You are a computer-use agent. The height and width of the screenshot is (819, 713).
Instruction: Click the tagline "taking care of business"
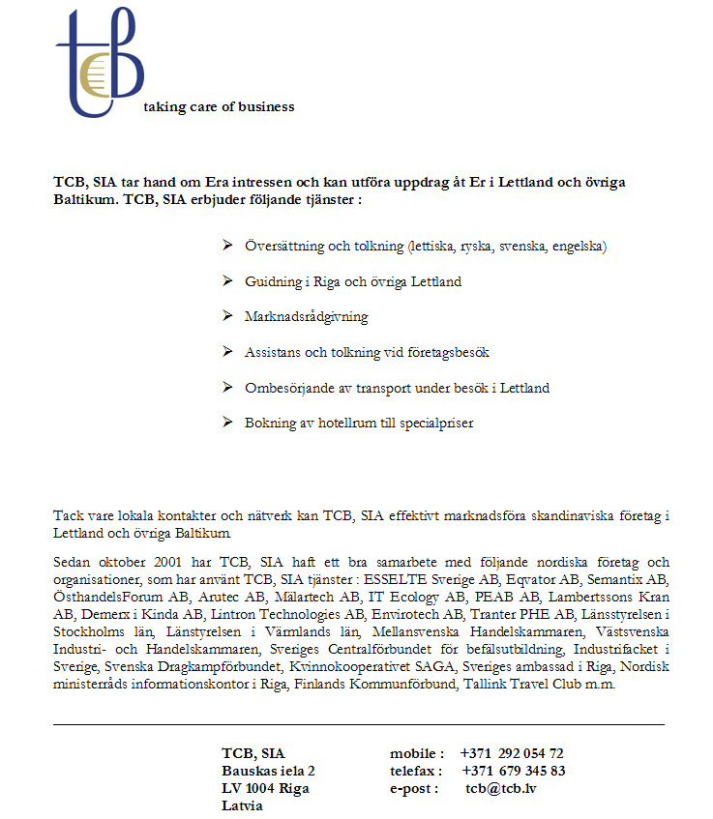coord(219,106)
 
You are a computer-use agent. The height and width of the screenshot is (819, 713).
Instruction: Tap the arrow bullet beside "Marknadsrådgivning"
coord(226,316)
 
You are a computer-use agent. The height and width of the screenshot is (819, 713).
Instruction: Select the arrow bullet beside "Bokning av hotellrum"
coord(226,423)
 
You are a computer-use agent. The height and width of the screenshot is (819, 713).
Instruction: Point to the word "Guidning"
coord(271,281)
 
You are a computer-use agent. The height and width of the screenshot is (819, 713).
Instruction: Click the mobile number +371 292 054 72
coord(512,753)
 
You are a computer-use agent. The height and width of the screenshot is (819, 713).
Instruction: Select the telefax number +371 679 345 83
coord(514,771)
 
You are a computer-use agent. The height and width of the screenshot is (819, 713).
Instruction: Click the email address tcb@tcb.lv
coord(500,788)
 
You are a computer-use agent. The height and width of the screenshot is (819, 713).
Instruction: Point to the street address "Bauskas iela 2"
coord(268,771)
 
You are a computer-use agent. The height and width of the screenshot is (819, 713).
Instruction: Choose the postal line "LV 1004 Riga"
coord(265,788)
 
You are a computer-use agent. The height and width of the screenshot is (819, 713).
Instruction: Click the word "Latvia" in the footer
coord(242,805)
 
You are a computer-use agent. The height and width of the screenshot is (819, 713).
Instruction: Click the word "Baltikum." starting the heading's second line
coord(86,200)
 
